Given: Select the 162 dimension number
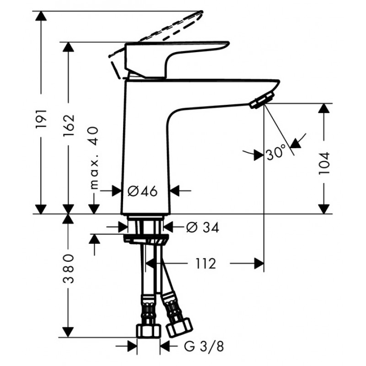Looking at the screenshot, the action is pos(68,125).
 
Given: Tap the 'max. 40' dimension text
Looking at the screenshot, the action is pos(94,158).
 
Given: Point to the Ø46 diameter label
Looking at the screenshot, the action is pos(143,191).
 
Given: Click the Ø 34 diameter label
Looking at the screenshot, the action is pos(203,227).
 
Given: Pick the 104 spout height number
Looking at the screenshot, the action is pos(324,163).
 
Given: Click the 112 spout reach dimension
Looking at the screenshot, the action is pos(205,264).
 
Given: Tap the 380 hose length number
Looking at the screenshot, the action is pos(68,269).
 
